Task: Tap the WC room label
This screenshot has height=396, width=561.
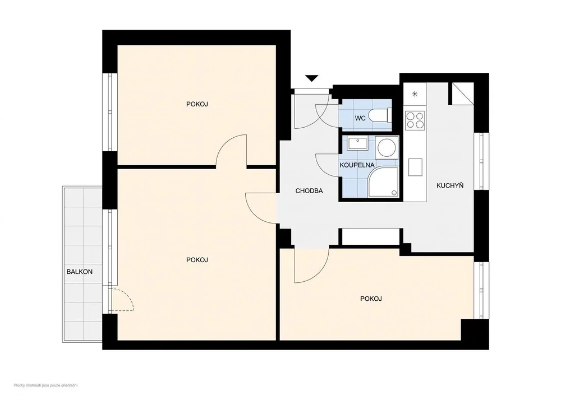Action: click(360, 118)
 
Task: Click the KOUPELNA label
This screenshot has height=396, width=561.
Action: click(357, 165)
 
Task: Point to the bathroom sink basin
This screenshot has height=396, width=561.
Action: click(357, 143)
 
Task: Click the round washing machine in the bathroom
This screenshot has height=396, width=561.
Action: click(387, 147)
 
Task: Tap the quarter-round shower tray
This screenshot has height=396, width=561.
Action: click(383, 182)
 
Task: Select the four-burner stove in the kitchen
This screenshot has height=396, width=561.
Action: click(415, 120)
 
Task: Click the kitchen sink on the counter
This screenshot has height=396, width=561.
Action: click(415, 167)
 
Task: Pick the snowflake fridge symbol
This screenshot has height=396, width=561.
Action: click(415, 94)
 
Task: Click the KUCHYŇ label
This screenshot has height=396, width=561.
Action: click(450, 186)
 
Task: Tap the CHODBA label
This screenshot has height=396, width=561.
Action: click(309, 191)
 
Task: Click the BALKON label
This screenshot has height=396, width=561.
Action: click(80, 272)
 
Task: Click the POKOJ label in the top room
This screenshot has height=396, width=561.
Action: click(197, 104)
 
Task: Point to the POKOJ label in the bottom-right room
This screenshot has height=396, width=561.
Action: click(371, 299)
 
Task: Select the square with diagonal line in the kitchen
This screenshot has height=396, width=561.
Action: click(463, 94)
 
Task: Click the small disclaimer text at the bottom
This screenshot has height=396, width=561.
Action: click(46, 385)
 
